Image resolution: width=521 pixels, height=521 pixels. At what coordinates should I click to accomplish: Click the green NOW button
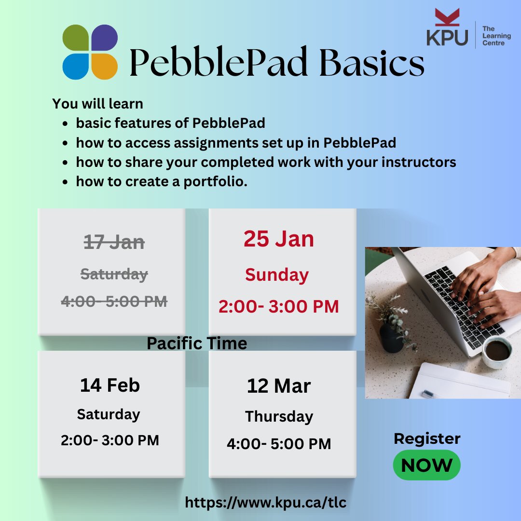click(x=426, y=466)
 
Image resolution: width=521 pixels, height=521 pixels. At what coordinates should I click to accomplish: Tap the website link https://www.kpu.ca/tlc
click(x=266, y=503)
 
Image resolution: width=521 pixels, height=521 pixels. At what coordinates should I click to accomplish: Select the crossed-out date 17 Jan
click(x=114, y=242)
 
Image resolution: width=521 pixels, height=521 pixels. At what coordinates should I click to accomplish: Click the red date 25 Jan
click(x=278, y=239)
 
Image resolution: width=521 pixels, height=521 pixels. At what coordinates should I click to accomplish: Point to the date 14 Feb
click(x=110, y=385)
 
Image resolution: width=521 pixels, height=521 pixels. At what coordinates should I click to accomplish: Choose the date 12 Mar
click(x=279, y=386)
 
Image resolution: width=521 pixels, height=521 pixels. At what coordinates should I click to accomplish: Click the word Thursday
click(x=279, y=416)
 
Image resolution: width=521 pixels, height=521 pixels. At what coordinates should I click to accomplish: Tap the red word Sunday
click(x=276, y=275)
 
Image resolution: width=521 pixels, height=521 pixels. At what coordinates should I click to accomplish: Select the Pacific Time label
click(x=197, y=343)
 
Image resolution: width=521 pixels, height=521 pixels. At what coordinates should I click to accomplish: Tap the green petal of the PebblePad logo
click(x=76, y=37)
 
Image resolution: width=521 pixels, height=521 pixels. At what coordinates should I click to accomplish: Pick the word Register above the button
click(x=427, y=439)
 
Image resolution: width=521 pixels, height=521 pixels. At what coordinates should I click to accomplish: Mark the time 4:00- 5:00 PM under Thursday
click(x=279, y=444)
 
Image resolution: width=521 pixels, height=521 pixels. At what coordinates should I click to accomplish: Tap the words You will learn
click(x=98, y=104)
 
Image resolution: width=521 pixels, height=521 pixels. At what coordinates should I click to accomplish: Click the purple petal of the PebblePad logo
click(x=104, y=37)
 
